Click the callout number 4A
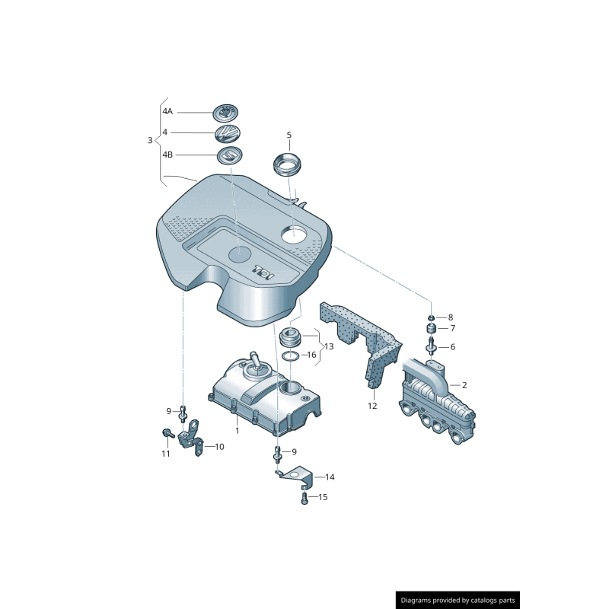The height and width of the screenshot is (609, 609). coord(167,112)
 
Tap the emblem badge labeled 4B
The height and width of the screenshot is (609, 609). coord(229,156)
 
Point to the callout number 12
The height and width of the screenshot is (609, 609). coord(372,406)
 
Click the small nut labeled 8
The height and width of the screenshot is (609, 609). coord(431,317)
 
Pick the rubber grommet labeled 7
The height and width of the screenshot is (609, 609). coord(431,329)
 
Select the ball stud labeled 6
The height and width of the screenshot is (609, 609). coord(432,348)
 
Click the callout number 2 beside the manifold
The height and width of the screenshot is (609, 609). coord(464,385)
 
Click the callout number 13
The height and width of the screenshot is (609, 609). coord(328,346)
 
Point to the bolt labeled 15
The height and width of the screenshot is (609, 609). coord(304,499)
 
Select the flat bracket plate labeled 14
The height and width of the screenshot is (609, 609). coord(295,476)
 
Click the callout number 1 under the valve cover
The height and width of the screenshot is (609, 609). coord(237,430)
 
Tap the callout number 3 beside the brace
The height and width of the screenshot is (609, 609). coord(149,140)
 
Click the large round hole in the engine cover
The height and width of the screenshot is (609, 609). coord(298,235)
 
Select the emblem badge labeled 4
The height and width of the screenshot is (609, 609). coord(228,135)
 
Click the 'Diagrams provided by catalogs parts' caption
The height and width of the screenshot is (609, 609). coord(458,600)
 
